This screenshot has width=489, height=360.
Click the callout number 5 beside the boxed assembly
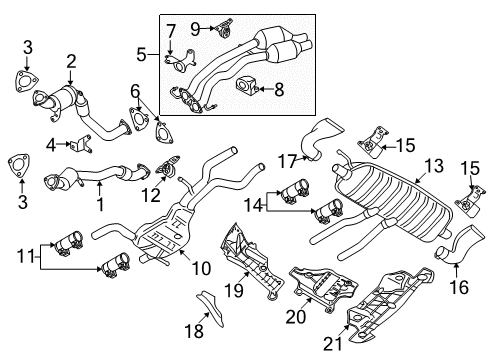pos(141,54)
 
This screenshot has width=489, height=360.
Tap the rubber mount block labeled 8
pos(246,85)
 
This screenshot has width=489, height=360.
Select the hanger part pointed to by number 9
pos(224,28)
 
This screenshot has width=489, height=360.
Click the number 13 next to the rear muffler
pos(434,166)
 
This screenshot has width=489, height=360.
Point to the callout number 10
pos(201,268)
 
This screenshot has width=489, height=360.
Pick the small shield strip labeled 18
pos(212,308)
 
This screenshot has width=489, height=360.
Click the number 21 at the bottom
pos(333,343)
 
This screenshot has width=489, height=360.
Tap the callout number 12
pos(151,195)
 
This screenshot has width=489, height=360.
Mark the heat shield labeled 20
pos(323,289)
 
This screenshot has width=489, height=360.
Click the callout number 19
pos(234,290)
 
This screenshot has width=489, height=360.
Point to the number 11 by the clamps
pos(26,257)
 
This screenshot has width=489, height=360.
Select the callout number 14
pos(254,205)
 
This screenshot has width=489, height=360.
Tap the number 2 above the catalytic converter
pos(71,62)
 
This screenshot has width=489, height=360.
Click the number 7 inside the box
pos(171,31)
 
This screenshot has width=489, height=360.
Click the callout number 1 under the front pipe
pos(100,204)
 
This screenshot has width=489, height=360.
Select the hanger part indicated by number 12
pos(168,165)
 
